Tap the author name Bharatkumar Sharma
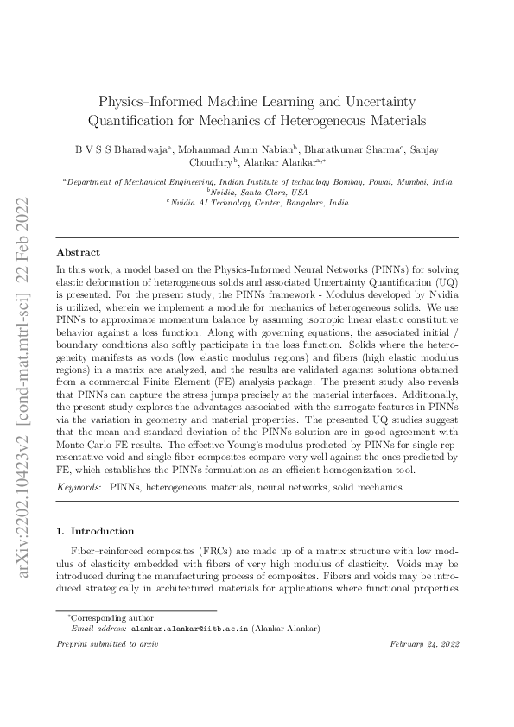pos(347,148)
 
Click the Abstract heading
pos(79,253)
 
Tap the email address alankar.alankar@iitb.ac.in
pos(189,629)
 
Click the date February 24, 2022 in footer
pos(423,644)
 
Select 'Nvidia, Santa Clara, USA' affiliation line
pos(257,193)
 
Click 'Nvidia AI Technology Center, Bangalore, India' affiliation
pos(257,204)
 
